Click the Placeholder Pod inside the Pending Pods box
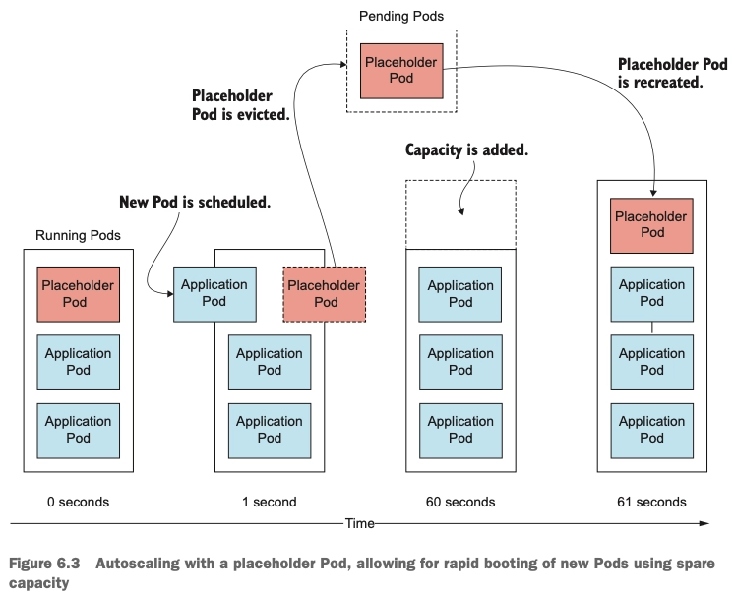[401, 71]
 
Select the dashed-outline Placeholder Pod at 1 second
[325, 294]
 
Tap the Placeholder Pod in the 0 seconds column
[79, 294]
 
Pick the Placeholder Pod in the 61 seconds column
[651, 225]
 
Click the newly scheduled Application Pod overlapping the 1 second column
[214, 294]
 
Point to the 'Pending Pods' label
[401, 16]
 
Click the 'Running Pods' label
[79, 235]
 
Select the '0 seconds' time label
[79, 502]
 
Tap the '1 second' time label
[270, 502]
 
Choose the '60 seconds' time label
[460, 502]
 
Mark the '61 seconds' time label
[651, 502]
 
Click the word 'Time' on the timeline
[359, 523]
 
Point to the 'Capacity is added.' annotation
[466, 149]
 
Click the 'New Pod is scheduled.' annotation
[195, 202]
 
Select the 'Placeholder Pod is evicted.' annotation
[240, 105]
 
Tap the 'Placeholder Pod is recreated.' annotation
[673, 73]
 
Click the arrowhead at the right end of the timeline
[704, 523]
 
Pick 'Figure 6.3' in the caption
[44, 564]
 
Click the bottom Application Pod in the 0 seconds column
[79, 431]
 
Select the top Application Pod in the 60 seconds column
[460, 294]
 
